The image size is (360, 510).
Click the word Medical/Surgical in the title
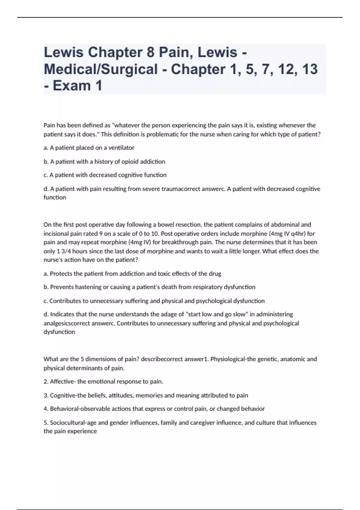101,69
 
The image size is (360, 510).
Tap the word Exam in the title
72,86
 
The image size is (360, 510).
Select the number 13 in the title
310,69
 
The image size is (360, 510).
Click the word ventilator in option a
121,148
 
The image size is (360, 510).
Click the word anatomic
293,359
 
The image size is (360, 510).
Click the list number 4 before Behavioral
46,409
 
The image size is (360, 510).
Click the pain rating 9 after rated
101,233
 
